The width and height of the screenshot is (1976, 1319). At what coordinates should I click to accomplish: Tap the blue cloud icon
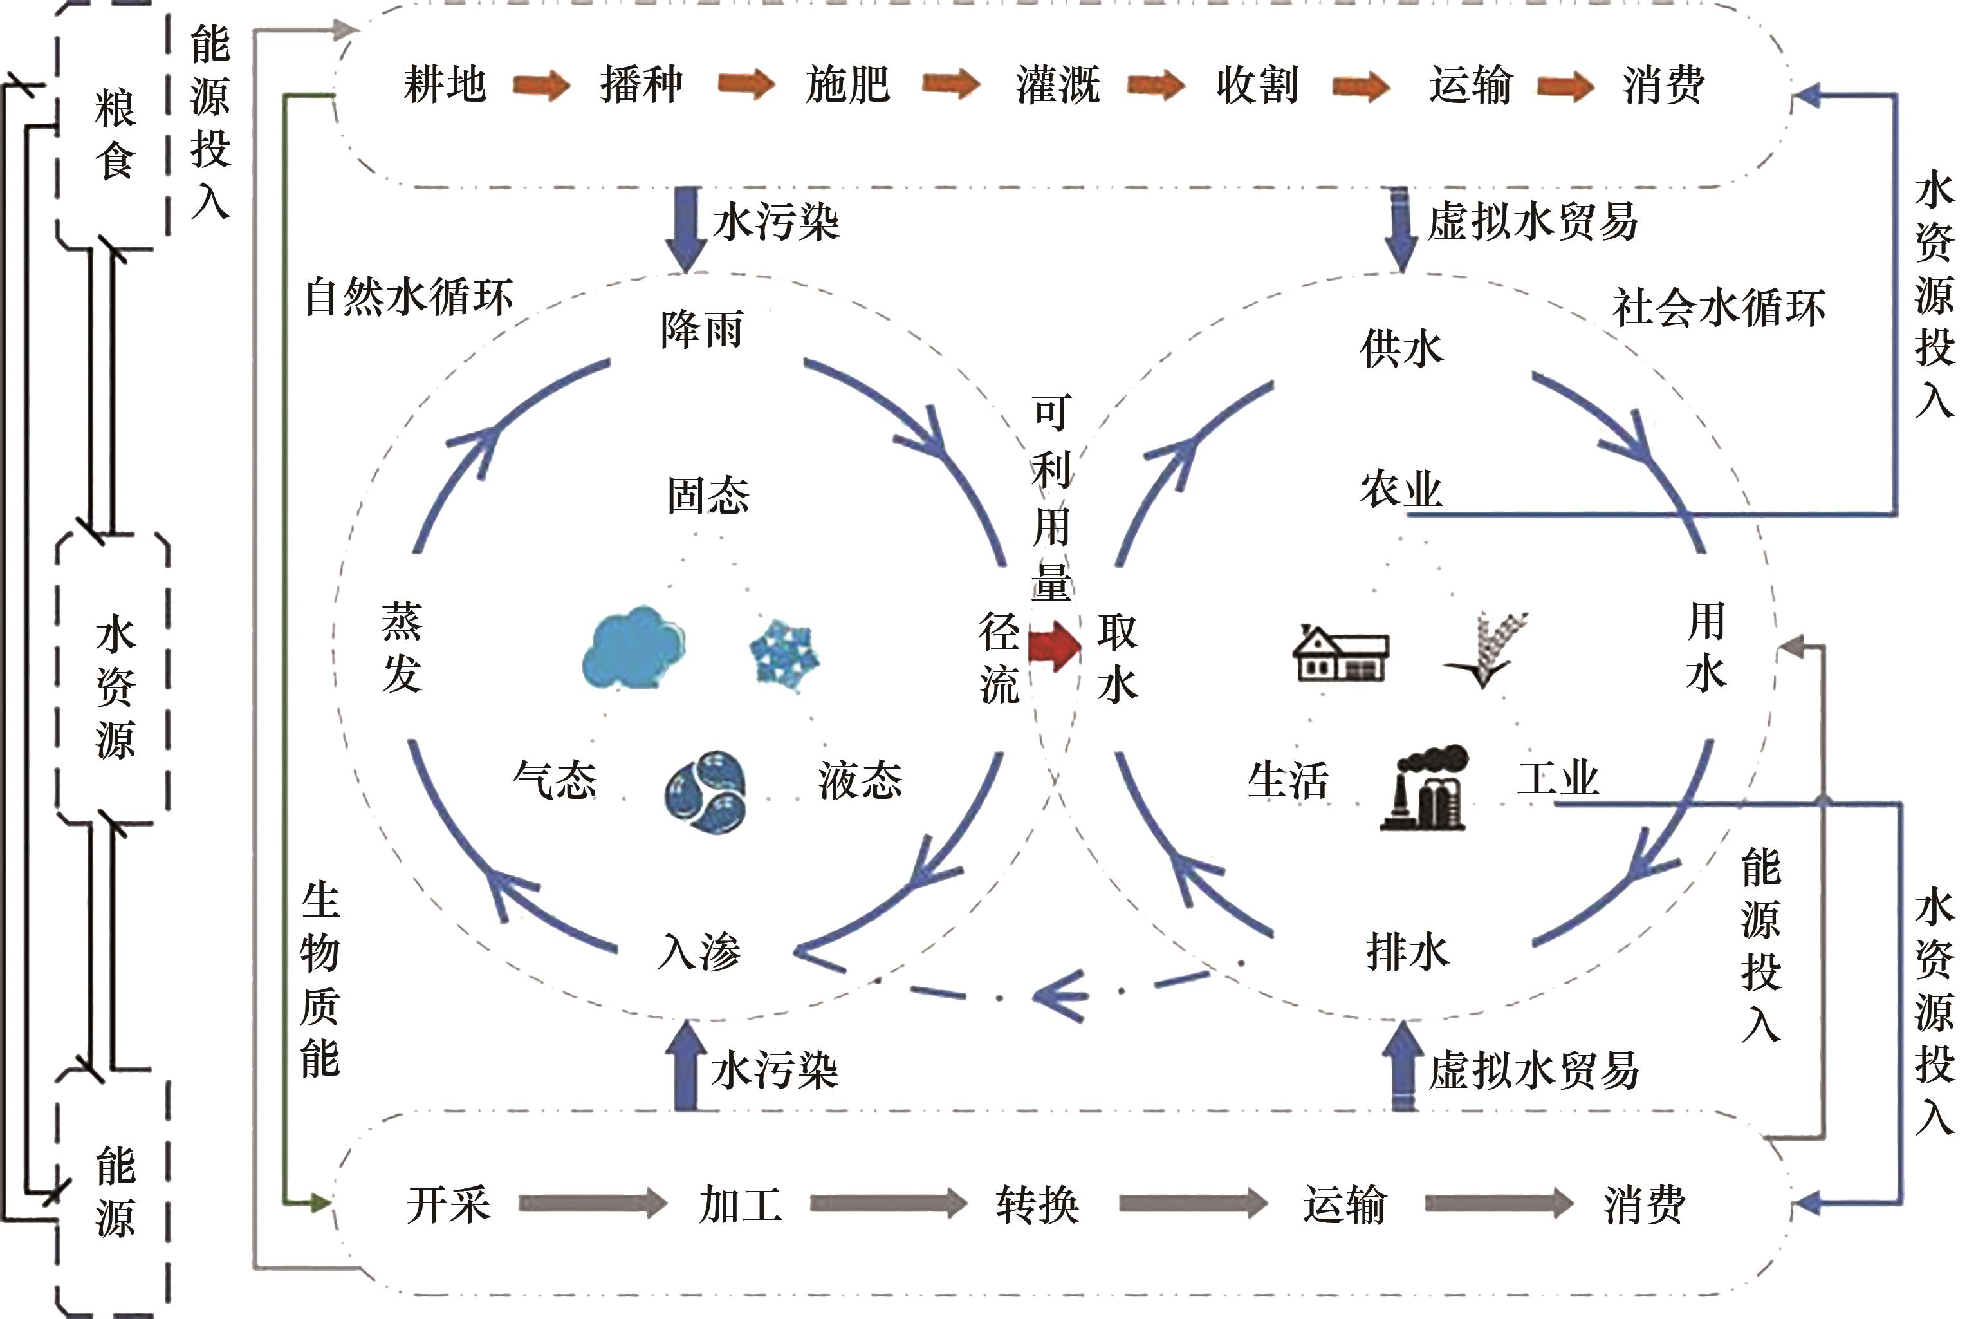(633, 648)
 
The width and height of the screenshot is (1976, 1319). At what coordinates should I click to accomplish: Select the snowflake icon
(784, 656)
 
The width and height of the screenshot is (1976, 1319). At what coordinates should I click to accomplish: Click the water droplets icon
(705, 792)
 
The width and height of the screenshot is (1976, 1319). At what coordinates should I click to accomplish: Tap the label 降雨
(702, 330)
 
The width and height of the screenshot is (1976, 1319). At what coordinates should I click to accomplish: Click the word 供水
(1401, 349)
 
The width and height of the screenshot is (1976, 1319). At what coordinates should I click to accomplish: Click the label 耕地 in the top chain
(445, 85)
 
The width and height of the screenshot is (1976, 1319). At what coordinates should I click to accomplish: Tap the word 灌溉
(1058, 85)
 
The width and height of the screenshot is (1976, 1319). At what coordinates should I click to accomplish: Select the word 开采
(448, 1204)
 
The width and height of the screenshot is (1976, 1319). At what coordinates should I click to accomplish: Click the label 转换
(1038, 1204)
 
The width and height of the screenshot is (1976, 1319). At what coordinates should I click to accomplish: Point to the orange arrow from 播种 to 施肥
(746, 85)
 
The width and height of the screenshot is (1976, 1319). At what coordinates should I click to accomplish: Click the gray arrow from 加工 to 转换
(888, 1203)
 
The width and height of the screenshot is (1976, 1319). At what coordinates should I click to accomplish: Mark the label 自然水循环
(409, 297)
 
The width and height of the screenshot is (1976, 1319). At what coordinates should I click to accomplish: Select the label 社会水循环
(1719, 307)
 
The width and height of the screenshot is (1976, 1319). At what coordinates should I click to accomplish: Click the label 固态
(708, 496)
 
